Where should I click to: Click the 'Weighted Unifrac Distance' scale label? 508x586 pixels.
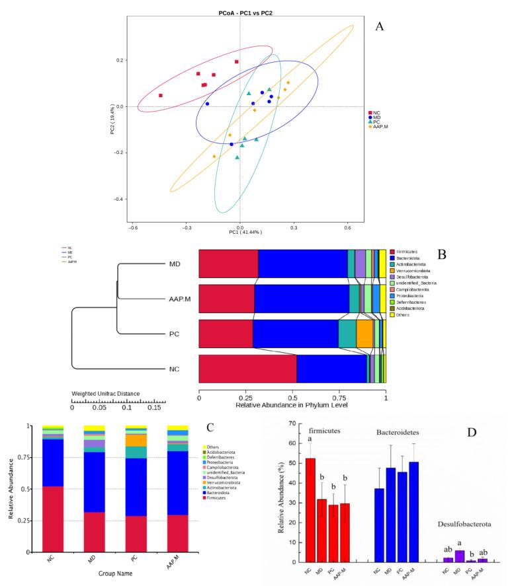coord(105,394)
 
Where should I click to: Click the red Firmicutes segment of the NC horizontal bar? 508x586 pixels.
coord(247,369)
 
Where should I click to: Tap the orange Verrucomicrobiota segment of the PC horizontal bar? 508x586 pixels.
coord(365,334)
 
